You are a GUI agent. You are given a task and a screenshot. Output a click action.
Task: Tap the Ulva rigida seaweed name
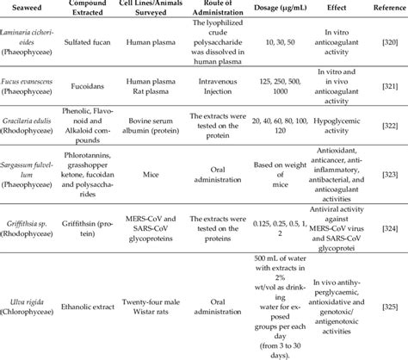[x=29, y=296]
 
